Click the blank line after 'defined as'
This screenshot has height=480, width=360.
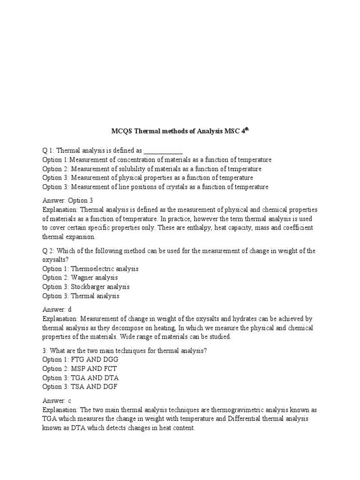[x=163, y=151]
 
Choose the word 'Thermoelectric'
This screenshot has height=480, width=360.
[x=93, y=269]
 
